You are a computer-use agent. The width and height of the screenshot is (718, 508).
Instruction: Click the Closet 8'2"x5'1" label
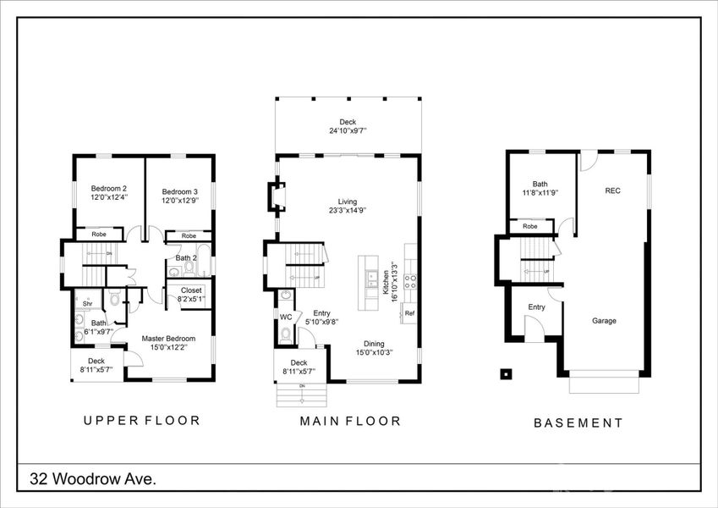(186, 294)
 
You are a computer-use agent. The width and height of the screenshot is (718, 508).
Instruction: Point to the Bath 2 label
(186, 258)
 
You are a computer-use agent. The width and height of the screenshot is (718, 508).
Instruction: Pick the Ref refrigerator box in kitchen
(409, 313)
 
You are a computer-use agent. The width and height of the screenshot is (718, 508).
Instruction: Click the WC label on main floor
(285, 317)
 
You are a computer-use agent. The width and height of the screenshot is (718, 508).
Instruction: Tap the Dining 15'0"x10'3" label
(374, 347)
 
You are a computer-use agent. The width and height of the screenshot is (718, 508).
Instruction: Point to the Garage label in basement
(604, 321)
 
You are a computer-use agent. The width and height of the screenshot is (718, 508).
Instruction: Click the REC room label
(612, 191)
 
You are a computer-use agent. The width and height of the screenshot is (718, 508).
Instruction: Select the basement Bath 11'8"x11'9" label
(540, 189)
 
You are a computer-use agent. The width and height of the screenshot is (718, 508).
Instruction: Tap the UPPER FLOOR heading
(141, 420)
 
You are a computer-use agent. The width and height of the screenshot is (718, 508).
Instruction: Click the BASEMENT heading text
(578, 422)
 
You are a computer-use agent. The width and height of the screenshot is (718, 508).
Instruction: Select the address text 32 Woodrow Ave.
(93, 479)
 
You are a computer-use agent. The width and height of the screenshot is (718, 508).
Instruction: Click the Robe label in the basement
(530, 226)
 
